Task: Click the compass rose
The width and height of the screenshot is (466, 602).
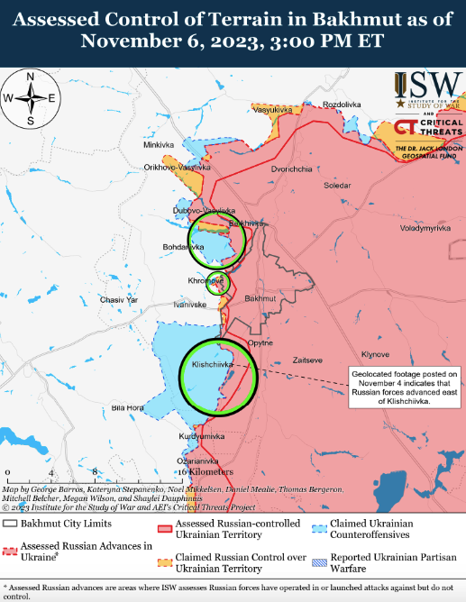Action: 30,97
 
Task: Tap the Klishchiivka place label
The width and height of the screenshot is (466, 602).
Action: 212,364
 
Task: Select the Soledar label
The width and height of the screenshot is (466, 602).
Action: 338,185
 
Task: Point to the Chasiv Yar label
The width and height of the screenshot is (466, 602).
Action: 117,299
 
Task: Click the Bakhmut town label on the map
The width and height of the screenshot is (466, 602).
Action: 260,297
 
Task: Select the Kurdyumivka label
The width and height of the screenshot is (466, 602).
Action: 201,435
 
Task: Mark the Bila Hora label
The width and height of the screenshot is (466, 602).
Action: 128,408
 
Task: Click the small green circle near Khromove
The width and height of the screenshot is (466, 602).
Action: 217,283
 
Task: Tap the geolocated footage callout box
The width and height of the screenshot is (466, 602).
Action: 403,388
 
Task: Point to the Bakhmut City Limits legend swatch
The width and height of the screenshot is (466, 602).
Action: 10,523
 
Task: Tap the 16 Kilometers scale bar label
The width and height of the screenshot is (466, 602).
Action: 205,471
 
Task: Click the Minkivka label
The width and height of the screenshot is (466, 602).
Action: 158,145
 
